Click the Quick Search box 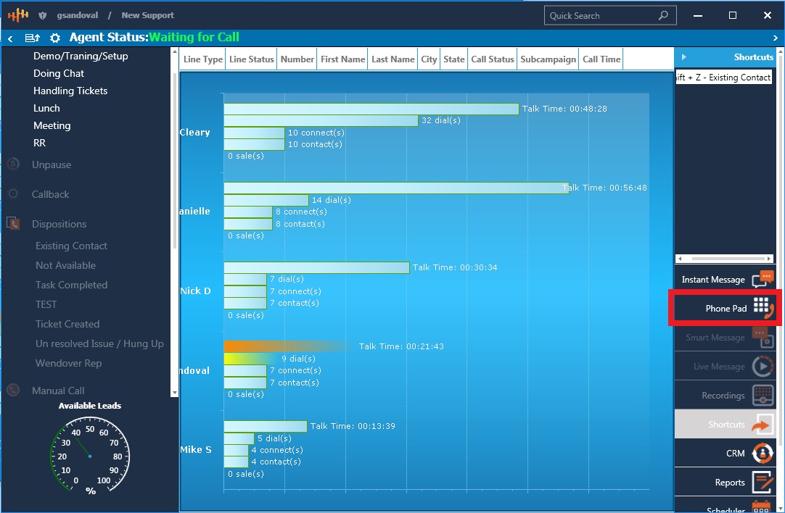coord(602,15)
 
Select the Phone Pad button coord(725,308)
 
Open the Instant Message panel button coord(725,280)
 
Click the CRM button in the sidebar coord(725,454)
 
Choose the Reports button coord(725,483)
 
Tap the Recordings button coord(725,396)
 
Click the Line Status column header coord(251,59)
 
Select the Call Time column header coord(601,59)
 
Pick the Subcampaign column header coord(548,59)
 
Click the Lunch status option coord(46,108)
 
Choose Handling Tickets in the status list coord(70,91)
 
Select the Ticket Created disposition coord(67,324)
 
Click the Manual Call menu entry coord(58,391)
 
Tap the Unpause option coord(52,164)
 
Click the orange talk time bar coord(283,346)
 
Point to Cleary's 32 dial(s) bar coord(321,120)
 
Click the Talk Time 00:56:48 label coord(605,188)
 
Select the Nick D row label coord(195,291)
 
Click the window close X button coord(768,15)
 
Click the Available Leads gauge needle coord(82,449)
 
